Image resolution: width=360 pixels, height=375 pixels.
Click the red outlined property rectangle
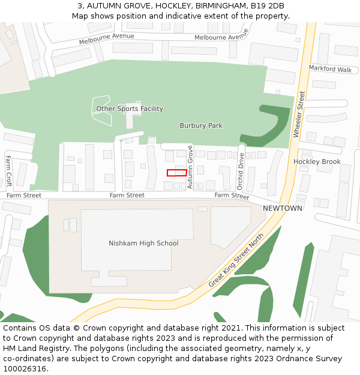pos(176,173)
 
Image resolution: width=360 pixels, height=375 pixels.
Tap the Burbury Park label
pos(201,125)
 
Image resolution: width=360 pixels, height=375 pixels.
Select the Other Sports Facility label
pos(130,109)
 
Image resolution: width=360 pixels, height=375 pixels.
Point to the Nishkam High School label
pos(143,243)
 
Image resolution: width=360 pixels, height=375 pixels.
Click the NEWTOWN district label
pos(283,208)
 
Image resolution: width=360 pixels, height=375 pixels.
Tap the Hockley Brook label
pos(317,161)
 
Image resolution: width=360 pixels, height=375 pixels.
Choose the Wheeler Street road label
pos(299,114)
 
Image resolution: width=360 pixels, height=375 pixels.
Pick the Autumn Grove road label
pos(190,167)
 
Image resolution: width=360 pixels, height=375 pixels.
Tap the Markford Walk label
pos(330,69)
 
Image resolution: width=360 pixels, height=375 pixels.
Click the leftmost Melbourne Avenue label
pos(107,39)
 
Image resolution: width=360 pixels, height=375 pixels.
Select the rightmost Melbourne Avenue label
pos(221,37)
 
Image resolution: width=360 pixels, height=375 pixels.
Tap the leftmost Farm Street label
pos(24,195)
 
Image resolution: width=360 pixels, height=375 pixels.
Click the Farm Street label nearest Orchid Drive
pos(232,196)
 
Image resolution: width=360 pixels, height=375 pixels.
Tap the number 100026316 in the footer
pos(25,368)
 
